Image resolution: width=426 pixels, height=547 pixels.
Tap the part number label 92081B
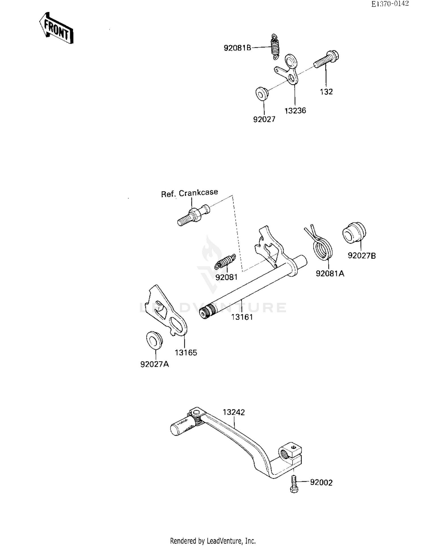pos(237,48)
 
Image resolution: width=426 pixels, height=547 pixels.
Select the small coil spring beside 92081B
pos(275,47)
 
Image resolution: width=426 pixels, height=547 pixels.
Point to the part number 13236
pos(295,111)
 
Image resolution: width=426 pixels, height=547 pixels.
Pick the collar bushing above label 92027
pos(262,93)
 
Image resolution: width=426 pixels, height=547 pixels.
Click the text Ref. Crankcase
pos(189,193)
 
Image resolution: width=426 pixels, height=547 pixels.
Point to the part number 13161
pos(242,317)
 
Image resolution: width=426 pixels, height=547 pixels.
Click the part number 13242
pos(233,412)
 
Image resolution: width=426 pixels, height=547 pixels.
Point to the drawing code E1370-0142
pos(390,4)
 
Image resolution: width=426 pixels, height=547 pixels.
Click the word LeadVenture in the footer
pos(225,541)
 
